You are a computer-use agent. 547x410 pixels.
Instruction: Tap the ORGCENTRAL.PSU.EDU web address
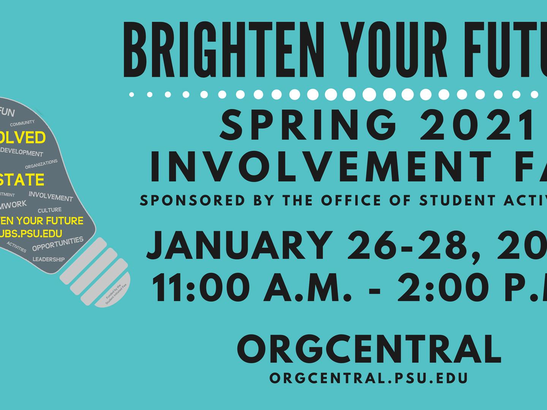point(368,378)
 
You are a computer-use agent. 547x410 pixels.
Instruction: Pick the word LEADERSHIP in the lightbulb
point(49,260)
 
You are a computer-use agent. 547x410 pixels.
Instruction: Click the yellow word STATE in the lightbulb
point(22,180)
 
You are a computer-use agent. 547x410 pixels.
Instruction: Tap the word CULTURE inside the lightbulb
point(49,210)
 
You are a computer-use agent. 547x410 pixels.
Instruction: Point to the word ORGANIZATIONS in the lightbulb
point(41,164)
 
